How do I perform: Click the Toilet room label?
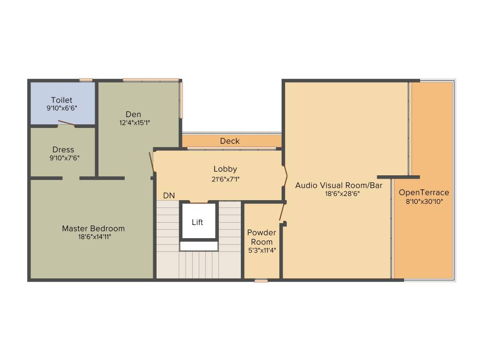pyautogui.click(x=62, y=100)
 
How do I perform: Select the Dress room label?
pyautogui.click(x=63, y=150)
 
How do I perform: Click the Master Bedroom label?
pyautogui.click(x=93, y=229)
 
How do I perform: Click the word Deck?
pyautogui.click(x=230, y=141)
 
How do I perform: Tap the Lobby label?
pyautogui.click(x=225, y=169)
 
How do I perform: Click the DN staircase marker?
pyautogui.click(x=169, y=195)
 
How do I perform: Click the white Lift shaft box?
pyautogui.click(x=198, y=222)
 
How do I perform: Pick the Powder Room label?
pyautogui.click(x=262, y=237)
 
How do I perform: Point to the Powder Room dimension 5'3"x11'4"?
pyautogui.click(x=262, y=250)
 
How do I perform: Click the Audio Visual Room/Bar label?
pyautogui.click(x=339, y=186)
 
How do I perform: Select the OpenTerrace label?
pyautogui.click(x=424, y=193)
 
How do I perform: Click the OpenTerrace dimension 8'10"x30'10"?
pyautogui.click(x=424, y=202)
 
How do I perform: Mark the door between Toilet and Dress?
pyautogui.click(x=67, y=124)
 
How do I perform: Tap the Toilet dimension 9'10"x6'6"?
pyautogui.click(x=62, y=108)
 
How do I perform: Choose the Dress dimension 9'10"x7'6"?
pyautogui.click(x=64, y=158)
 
